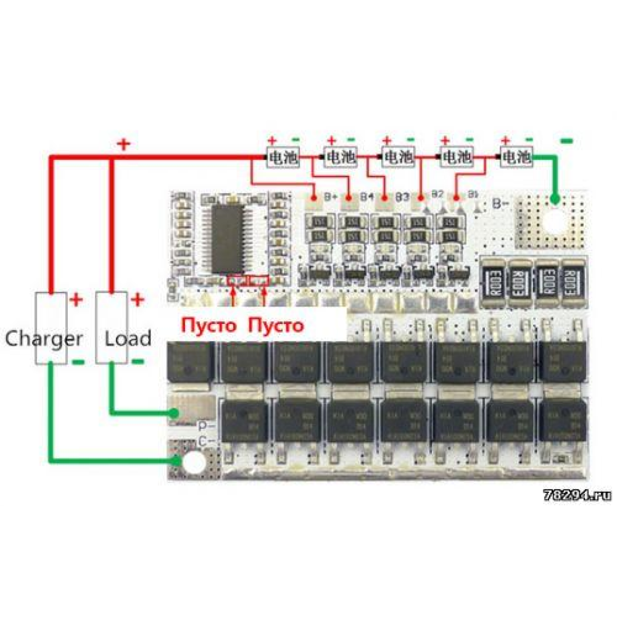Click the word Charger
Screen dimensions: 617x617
tap(44, 338)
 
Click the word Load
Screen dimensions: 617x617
tap(128, 338)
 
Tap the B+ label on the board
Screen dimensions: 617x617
tap(331, 196)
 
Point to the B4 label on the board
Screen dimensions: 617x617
tap(367, 196)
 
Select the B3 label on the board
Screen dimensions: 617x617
tap(402, 196)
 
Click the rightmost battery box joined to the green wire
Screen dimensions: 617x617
tap(517, 156)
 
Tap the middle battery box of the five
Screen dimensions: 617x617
tap(398, 156)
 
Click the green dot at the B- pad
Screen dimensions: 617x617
tap(555, 198)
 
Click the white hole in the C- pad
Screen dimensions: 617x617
tap(195, 463)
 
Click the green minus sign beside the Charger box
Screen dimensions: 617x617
tap(78, 361)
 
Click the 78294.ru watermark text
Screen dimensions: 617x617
tap(577, 495)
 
